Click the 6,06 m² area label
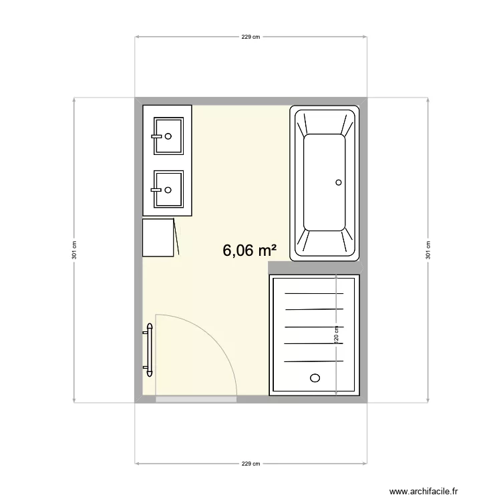pos(250,251)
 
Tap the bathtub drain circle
pos(339,182)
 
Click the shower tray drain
pos(315,378)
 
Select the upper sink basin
pos(168,136)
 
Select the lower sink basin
pos(168,189)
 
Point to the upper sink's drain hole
pos(168,136)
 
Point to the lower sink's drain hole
pos(168,189)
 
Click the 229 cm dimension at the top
pos(251,37)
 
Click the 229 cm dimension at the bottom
pos(251,464)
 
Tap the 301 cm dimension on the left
pos(75,251)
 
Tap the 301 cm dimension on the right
pos(428,251)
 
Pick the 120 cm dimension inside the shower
pos(337,334)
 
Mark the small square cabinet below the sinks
pos(159,237)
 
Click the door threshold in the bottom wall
pos(196,399)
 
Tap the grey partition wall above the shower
pos(314,267)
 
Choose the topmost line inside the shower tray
pos(313,293)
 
